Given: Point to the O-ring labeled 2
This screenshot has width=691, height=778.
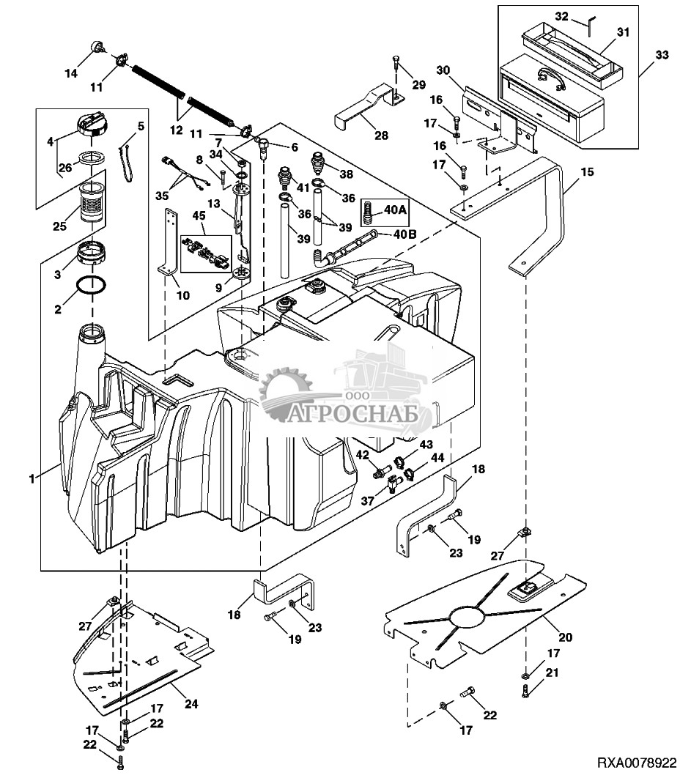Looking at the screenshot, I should tap(92, 286).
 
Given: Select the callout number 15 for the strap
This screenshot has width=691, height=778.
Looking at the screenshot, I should tap(588, 173).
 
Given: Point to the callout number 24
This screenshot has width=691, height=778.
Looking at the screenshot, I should tap(191, 705).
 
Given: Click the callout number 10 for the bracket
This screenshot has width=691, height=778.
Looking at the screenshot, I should tap(182, 296).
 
